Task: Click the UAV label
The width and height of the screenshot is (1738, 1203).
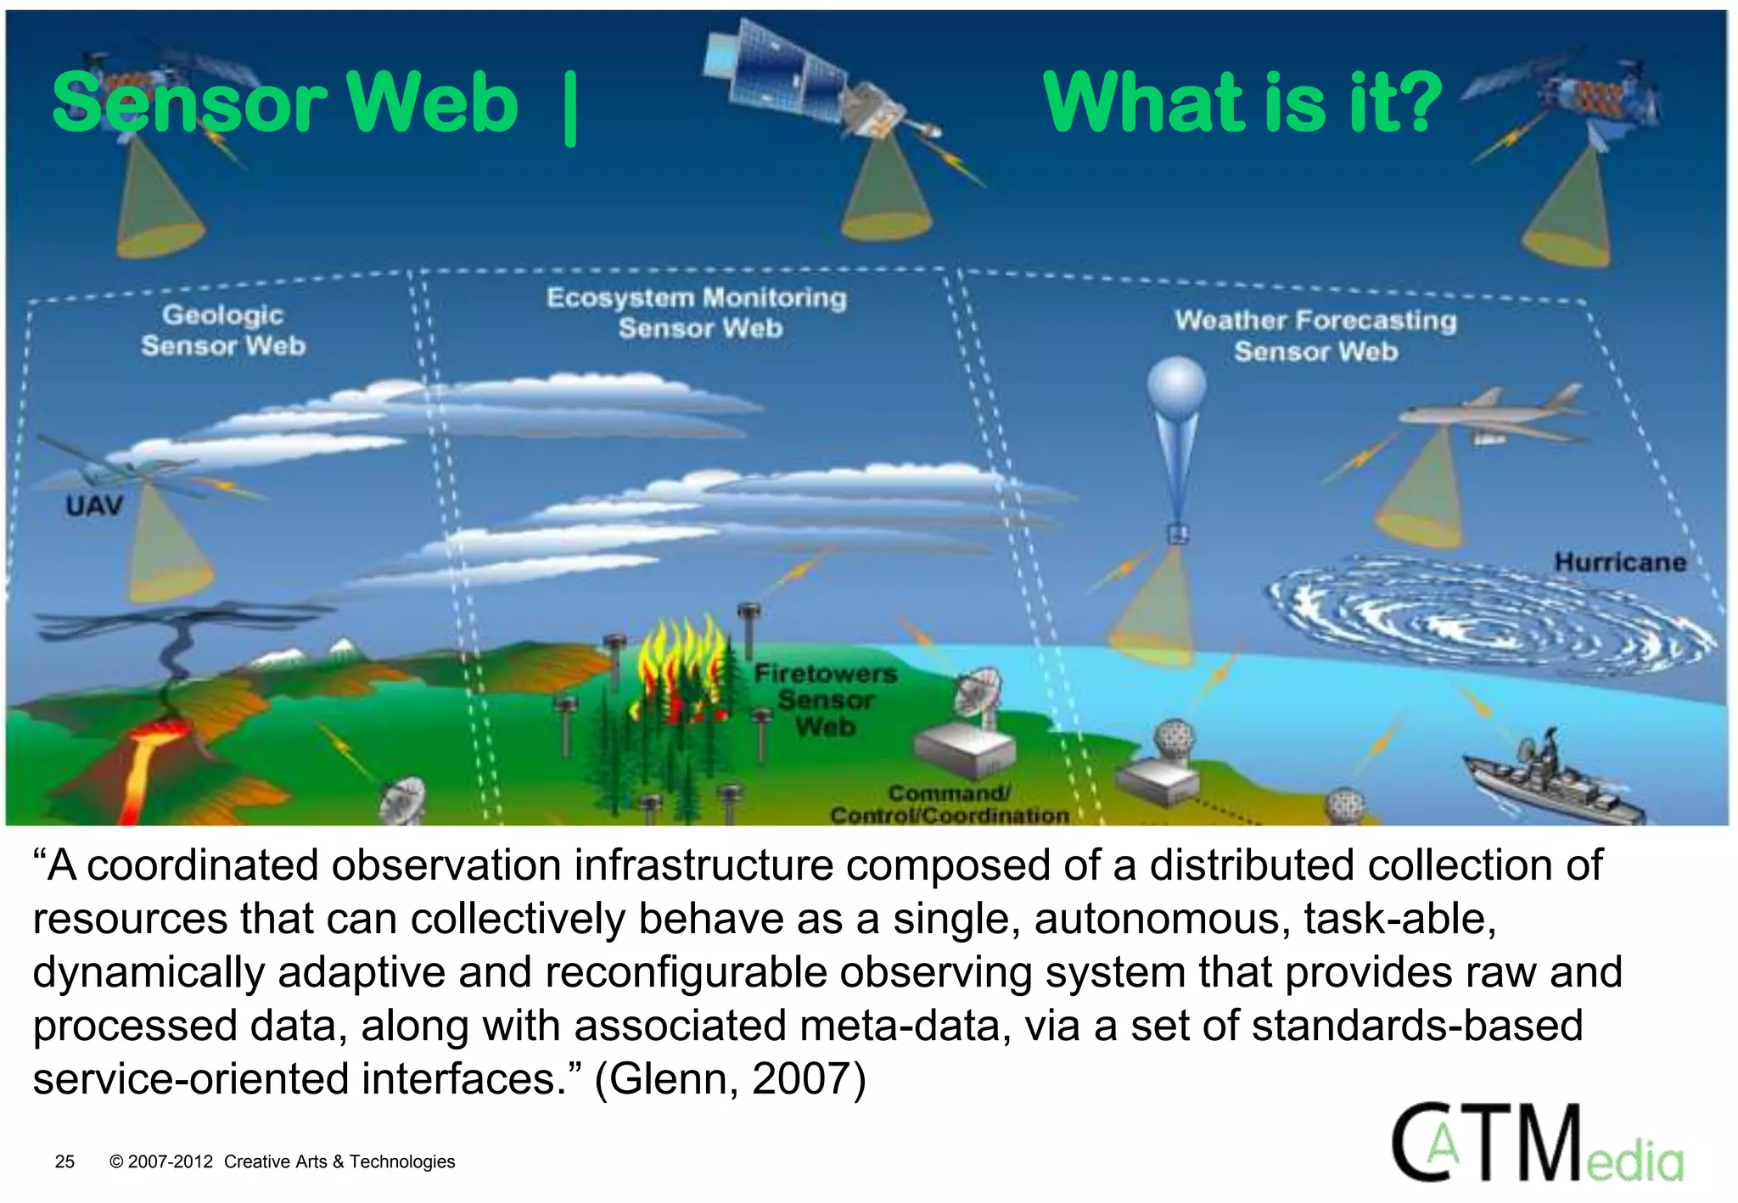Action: click(x=94, y=506)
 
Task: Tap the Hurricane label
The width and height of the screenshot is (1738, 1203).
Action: click(x=1619, y=562)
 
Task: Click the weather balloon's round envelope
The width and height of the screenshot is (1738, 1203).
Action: click(x=1176, y=386)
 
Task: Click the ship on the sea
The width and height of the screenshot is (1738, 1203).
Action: click(x=1553, y=781)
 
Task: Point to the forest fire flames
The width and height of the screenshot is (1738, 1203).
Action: click(x=679, y=670)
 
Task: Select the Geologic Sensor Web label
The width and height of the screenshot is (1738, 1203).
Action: click(x=222, y=330)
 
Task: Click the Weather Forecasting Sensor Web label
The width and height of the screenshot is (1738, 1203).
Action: click(x=1315, y=336)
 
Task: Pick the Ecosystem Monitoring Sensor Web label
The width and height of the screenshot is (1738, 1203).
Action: click(x=697, y=313)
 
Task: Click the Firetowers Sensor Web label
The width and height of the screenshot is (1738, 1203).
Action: click(x=825, y=700)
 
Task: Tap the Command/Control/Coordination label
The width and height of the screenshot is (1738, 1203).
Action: click(x=949, y=804)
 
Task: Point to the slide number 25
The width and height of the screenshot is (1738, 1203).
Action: click(x=64, y=1161)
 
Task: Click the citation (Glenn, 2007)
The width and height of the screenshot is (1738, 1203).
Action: click(x=730, y=1079)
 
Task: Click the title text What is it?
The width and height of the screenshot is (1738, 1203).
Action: click(x=1242, y=104)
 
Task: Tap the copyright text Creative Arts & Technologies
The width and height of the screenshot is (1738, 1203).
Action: click(x=339, y=1161)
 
